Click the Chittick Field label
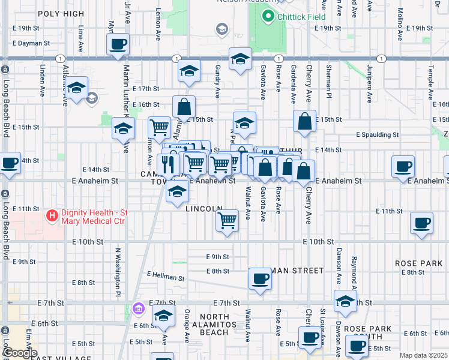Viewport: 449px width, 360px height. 301,17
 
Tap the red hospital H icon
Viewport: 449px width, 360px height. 53,214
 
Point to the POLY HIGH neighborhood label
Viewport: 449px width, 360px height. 61,13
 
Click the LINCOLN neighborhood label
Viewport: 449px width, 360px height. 204,209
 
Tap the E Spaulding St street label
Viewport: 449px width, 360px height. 377,136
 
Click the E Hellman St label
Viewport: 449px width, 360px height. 166,276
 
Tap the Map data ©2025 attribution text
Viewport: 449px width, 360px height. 423,355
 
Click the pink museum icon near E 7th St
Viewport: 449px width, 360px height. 139,308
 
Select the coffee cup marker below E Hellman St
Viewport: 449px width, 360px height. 260,278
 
